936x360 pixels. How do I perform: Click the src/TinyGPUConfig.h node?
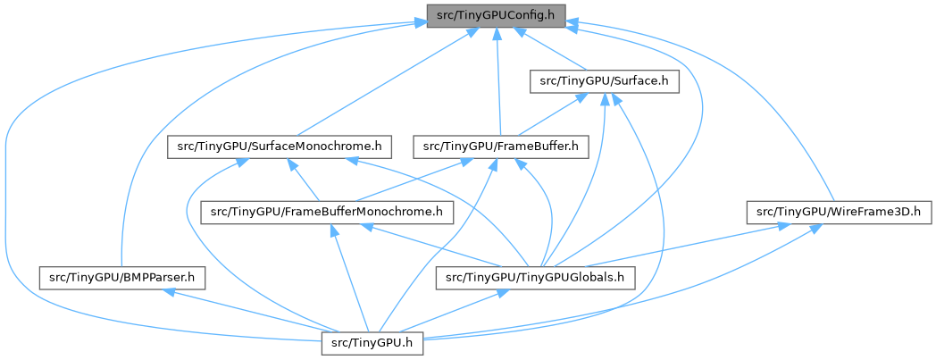click(496, 15)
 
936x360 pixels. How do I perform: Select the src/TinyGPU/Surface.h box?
click(605, 81)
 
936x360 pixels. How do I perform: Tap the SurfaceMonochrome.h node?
click(280, 147)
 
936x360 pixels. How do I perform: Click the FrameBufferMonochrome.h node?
click(327, 212)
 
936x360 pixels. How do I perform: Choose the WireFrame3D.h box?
click(839, 212)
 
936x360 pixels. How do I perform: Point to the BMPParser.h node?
click(122, 278)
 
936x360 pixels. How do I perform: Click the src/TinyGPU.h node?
click(372, 343)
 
